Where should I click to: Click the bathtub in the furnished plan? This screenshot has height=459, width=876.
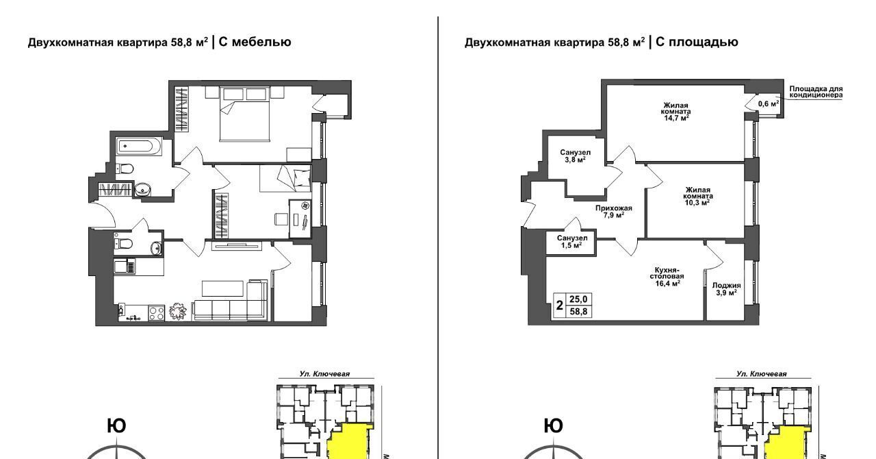(x=139, y=147)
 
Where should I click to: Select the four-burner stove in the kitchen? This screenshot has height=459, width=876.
(x=157, y=313)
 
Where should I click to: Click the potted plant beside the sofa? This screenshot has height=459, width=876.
(x=179, y=311)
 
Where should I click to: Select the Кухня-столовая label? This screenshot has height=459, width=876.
(x=667, y=273)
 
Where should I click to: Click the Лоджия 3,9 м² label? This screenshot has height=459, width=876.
(x=727, y=289)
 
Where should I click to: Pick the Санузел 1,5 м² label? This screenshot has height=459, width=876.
(x=571, y=242)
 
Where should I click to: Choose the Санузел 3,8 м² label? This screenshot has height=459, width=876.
(x=575, y=156)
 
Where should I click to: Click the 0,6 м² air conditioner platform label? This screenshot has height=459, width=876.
(x=769, y=103)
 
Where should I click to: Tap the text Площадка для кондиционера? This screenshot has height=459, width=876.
(x=816, y=92)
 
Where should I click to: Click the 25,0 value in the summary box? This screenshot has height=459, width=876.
(x=578, y=299)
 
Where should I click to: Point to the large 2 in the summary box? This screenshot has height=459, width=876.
(x=560, y=305)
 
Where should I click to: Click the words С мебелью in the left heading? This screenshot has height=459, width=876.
(x=255, y=42)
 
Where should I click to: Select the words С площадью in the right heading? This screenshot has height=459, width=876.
(x=697, y=42)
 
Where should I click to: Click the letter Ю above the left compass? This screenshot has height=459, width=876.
(x=116, y=426)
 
